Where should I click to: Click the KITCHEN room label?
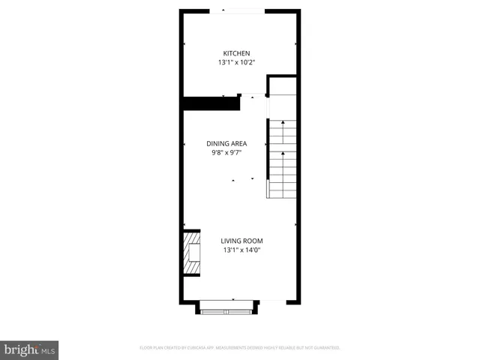[x=236, y=53]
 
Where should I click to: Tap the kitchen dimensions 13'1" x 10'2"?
[x=236, y=63]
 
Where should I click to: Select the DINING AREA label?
[x=226, y=143]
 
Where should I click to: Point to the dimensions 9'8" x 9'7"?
[x=226, y=153]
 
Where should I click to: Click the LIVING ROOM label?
[x=241, y=241]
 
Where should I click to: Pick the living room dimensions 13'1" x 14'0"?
[x=241, y=250]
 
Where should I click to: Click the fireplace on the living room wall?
[x=192, y=254]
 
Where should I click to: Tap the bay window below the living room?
[x=228, y=307]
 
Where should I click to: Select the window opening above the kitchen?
[x=236, y=10]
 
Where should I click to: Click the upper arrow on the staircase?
[x=283, y=124]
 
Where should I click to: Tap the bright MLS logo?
[x=29, y=349]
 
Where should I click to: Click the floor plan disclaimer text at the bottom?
[x=240, y=348]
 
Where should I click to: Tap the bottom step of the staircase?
[x=283, y=193]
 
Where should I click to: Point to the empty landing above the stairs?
[x=283, y=106]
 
